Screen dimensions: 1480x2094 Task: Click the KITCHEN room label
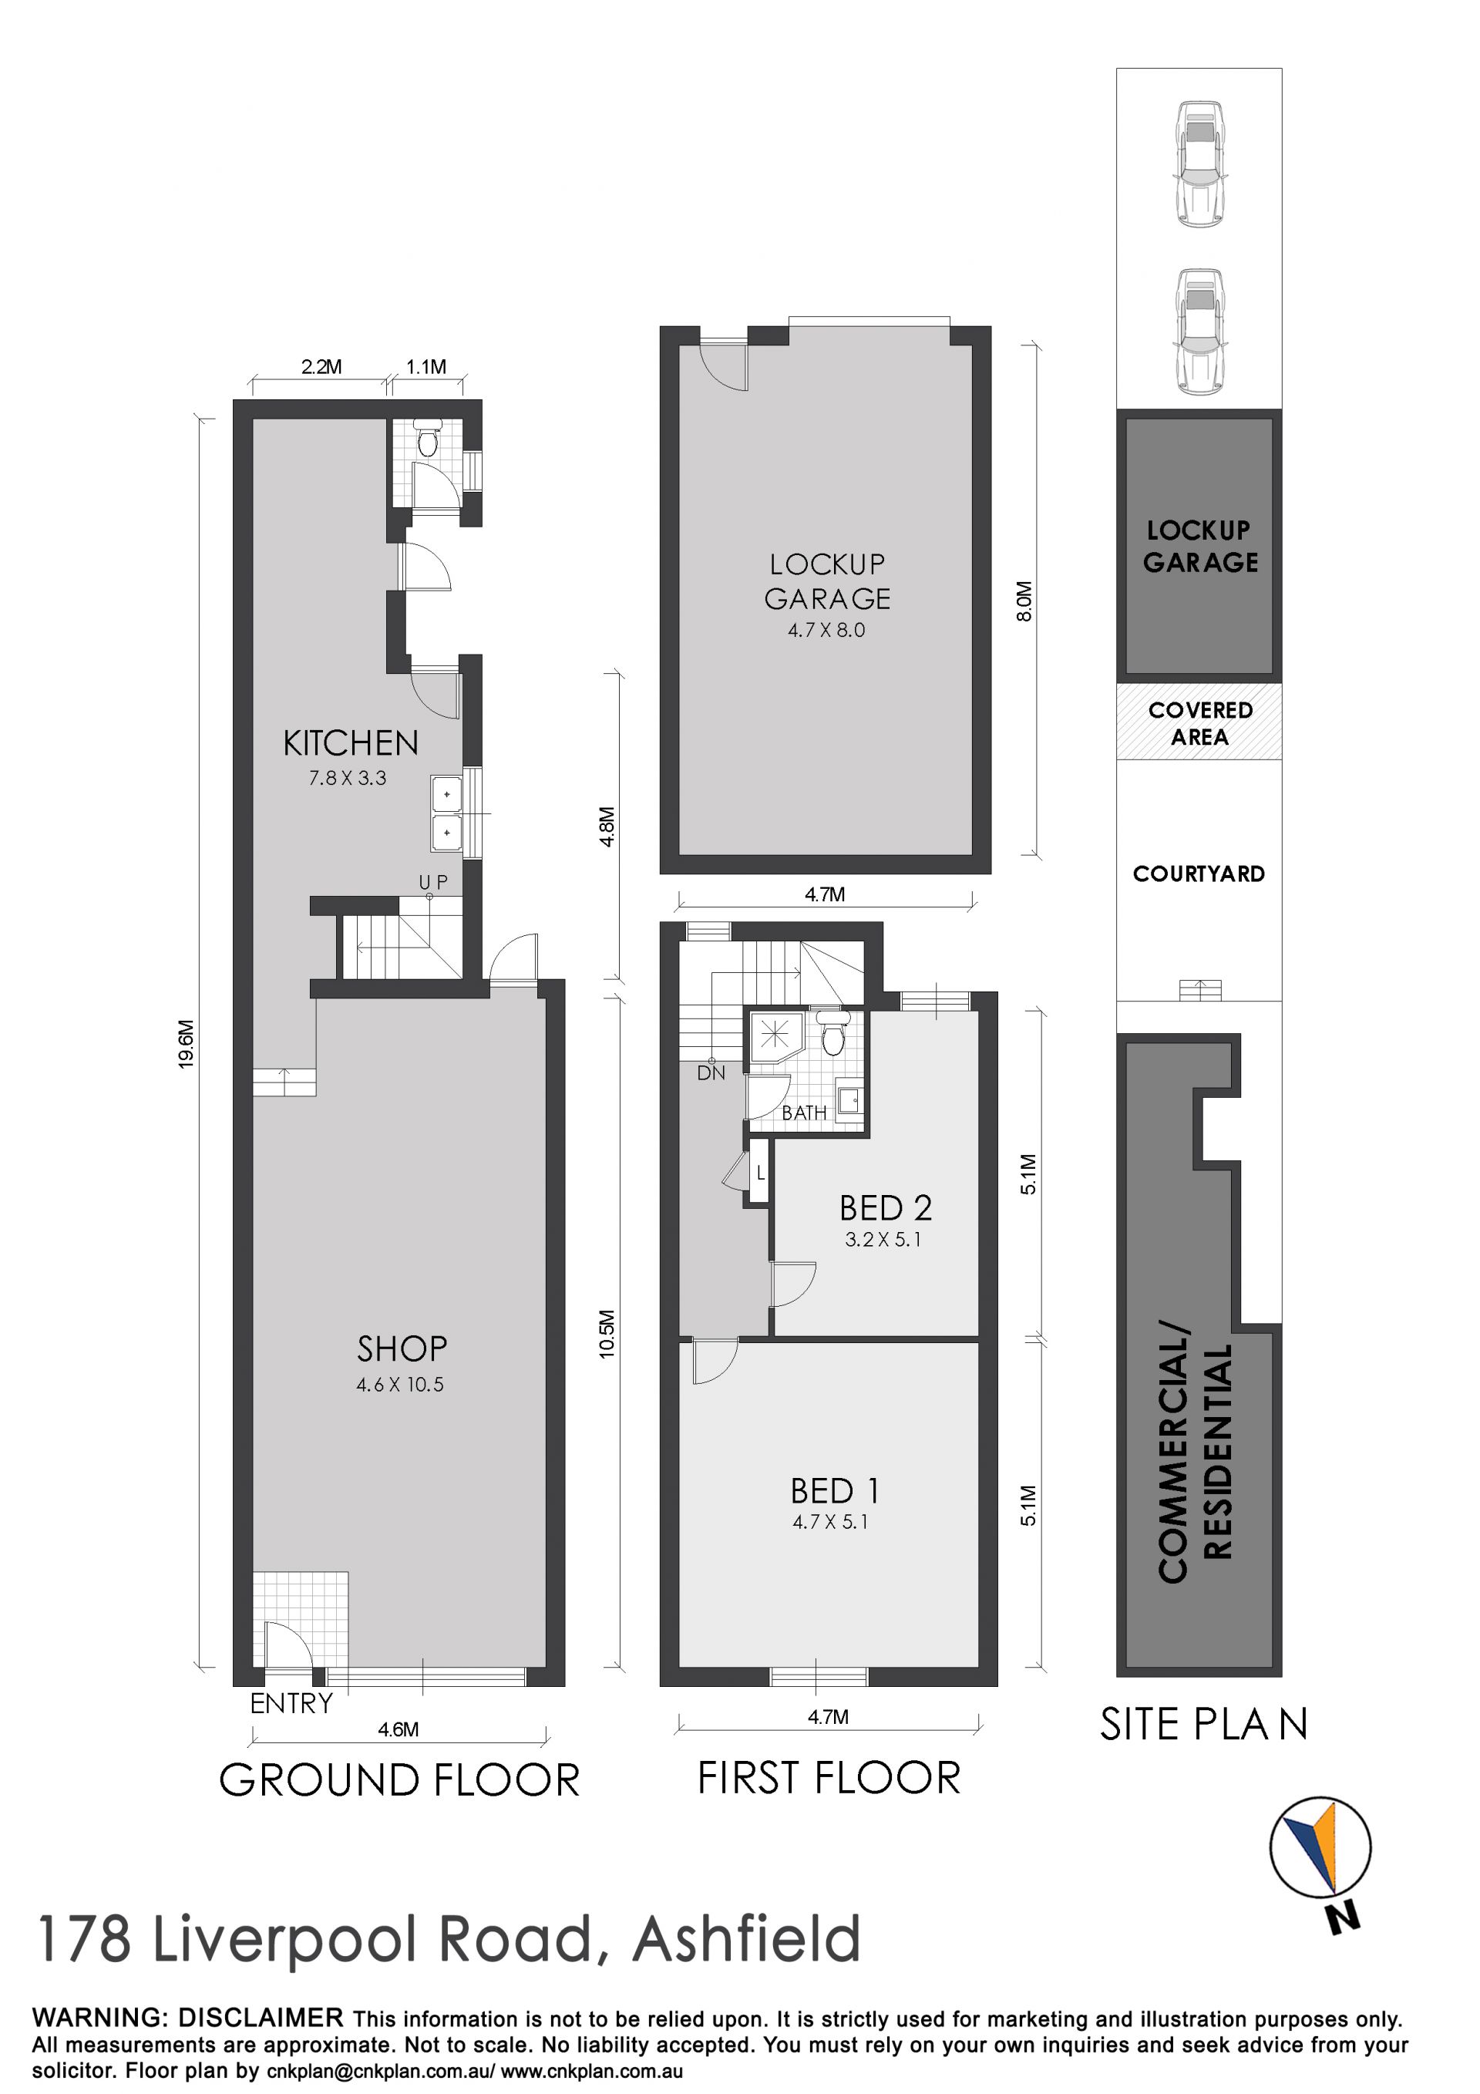coord(350,743)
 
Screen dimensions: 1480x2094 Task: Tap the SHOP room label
coord(402,1348)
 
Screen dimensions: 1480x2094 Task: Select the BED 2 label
coord(886,1207)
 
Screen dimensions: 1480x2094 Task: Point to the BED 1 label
coord(834,1491)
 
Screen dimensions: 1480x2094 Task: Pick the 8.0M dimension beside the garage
coord(1024,602)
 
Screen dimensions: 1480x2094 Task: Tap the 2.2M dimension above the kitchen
coord(321,367)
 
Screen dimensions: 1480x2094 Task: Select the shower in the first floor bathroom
coord(776,1037)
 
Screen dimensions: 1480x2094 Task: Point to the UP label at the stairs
coord(433,882)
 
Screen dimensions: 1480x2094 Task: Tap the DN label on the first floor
coord(711,1073)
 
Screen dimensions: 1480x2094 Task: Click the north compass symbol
coord(1320,1850)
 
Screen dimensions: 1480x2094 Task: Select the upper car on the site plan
coord(1199,163)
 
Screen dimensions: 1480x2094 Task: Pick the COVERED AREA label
coord(1199,723)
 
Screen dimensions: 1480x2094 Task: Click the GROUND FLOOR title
coord(399,1779)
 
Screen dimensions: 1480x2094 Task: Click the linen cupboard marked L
coord(759,1173)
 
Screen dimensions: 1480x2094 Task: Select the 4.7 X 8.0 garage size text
coord(826,629)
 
